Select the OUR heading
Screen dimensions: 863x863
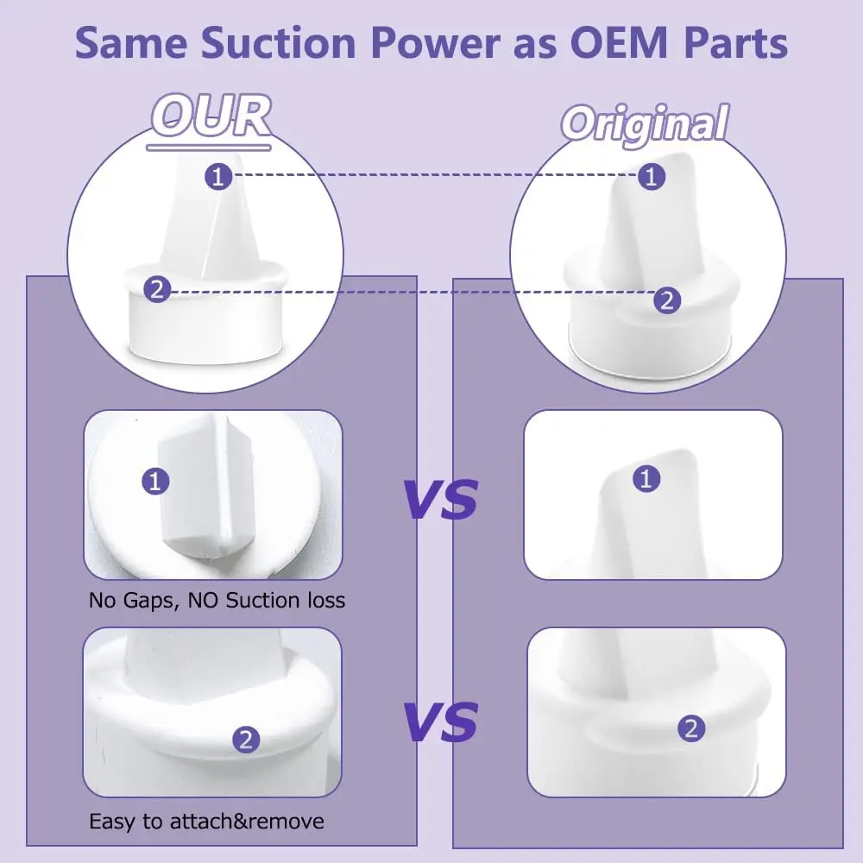pyautogui.click(x=212, y=116)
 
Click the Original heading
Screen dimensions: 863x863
pyautogui.click(x=645, y=123)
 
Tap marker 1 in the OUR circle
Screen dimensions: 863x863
pyautogui.click(x=217, y=176)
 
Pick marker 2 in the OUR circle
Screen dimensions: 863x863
pyautogui.click(x=157, y=291)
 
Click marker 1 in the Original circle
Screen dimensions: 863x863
pyautogui.click(x=652, y=176)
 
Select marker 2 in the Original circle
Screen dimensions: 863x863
pyautogui.click(x=666, y=300)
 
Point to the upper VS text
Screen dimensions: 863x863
pyautogui.click(x=441, y=499)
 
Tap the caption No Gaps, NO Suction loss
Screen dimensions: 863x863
pyautogui.click(x=217, y=600)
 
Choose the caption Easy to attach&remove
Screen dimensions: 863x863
pyautogui.click(x=207, y=820)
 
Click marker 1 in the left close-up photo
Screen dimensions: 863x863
pyautogui.click(x=155, y=481)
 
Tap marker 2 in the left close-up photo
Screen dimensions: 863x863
pyautogui.click(x=246, y=739)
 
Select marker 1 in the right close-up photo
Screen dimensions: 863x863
pyautogui.click(x=646, y=478)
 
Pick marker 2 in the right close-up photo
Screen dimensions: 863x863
pyautogui.click(x=690, y=729)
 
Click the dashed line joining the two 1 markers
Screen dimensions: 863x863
pyautogui.click(x=431, y=175)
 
